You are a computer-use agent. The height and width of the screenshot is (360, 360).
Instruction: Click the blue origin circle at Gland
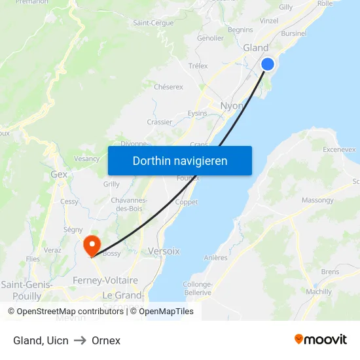pos(268,63)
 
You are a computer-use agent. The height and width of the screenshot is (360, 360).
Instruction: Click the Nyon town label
pos(231,105)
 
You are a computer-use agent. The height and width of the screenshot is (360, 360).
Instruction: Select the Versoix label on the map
pos(164,251)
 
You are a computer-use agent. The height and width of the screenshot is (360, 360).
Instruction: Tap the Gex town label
pos(59,175)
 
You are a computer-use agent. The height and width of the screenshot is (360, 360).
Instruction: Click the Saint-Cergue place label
pos(153,23)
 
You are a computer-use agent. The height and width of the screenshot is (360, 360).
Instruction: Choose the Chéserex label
pos(168,86)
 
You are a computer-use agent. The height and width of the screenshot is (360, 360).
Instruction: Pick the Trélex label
pos(198,66)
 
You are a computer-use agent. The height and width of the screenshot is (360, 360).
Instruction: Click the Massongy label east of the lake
pos(317,200)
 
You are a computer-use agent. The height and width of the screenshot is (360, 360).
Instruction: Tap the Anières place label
pos(216,258)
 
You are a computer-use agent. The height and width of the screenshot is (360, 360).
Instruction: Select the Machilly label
pos(318,292)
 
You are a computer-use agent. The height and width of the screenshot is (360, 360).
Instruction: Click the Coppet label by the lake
pos(187,202)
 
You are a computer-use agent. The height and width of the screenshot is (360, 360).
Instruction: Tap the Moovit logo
pos(321,339)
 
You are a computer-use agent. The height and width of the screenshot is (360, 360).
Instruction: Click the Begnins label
pos(240,29)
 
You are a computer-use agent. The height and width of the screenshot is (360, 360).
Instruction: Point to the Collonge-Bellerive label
pos(198,288)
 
